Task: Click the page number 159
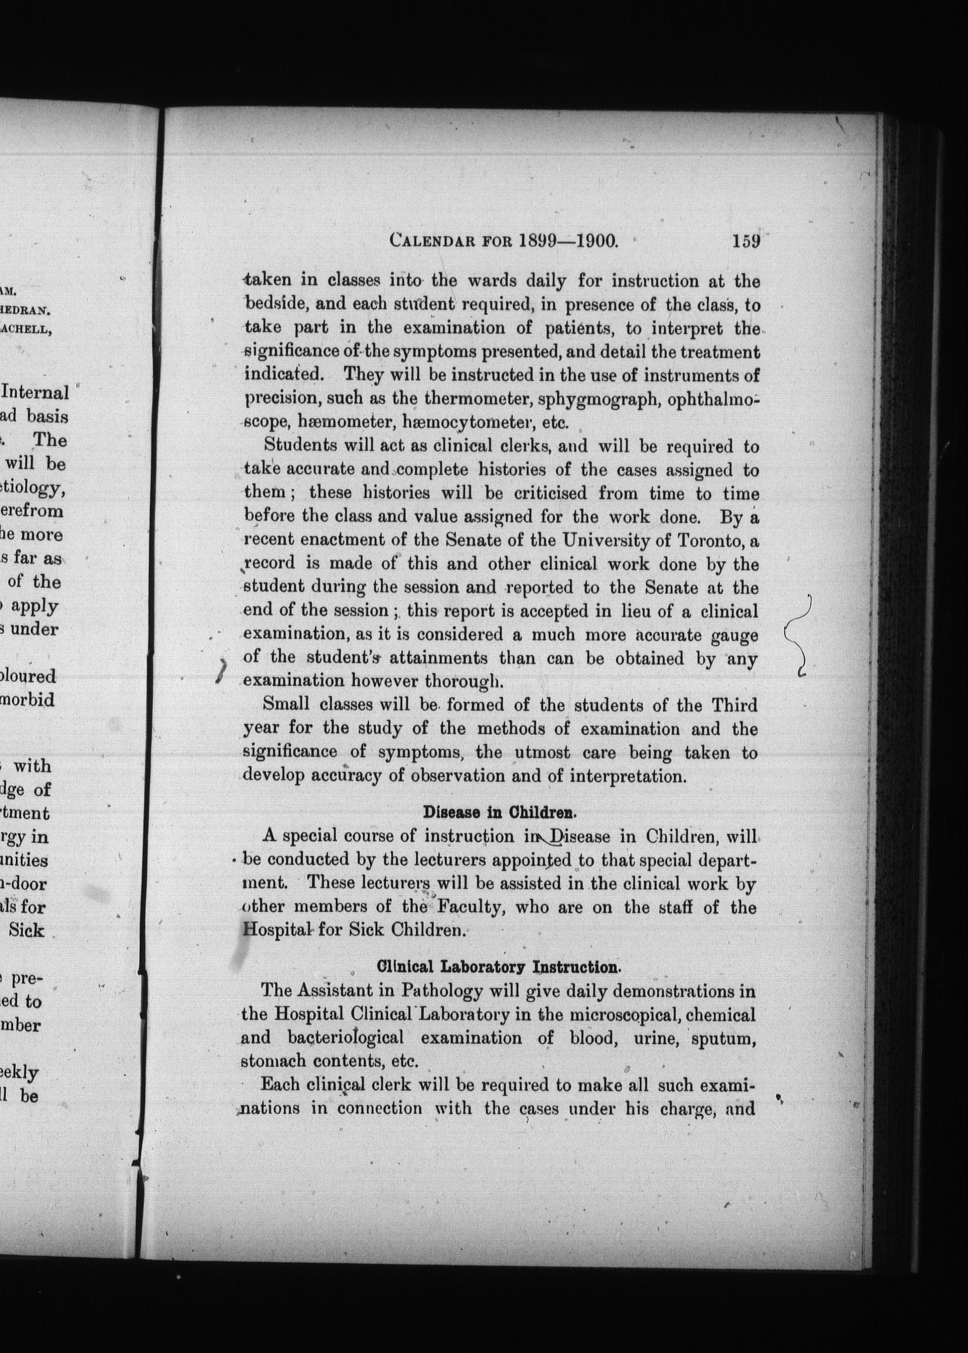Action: tap(746, 241)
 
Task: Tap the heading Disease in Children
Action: tap(500, 812)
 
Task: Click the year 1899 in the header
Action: tap(538, 241)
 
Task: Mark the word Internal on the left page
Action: tap(36, 393)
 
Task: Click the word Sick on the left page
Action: tap(27, 931)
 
